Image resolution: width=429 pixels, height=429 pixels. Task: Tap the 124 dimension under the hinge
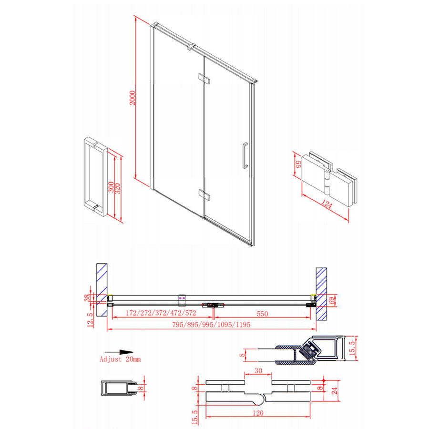click(x=327, y=205)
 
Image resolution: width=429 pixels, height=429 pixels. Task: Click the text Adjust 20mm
click(x=120, y=359)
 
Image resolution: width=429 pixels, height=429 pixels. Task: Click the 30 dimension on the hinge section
click(x=258, y=370)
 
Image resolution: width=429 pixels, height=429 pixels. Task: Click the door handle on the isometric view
click(x=245, y=155)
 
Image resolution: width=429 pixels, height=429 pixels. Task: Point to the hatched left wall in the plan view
click(x=102, y=288)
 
